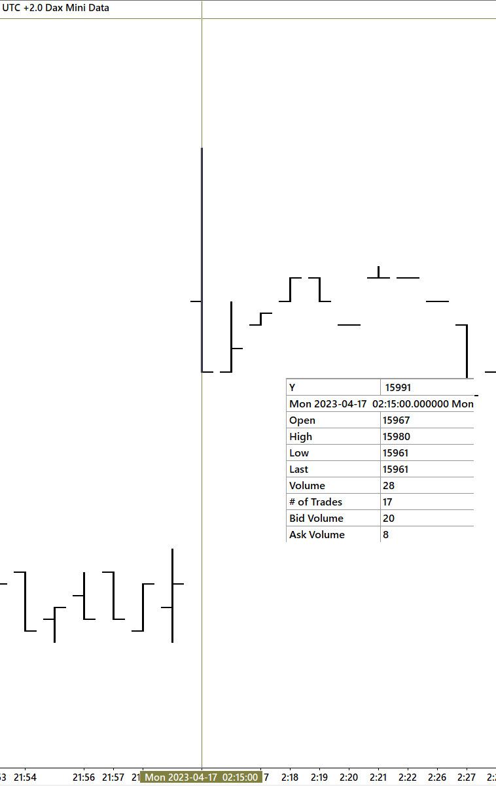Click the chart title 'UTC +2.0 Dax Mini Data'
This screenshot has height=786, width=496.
pyautogui.click(x=56, y=8)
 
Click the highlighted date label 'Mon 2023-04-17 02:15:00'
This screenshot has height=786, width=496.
pyautogui.click(x=201, y=777)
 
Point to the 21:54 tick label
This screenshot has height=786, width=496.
pyautogui.click(x=25, y=777)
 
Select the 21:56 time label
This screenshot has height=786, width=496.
pyautogui.click(x=84, y=777)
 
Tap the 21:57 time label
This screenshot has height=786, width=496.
pyautogui.click(x=113, y=777)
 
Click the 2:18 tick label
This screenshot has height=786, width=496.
pyautogui.click(x=290, y=777)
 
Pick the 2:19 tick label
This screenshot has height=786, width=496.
pyautogui.click(x=319, y=777)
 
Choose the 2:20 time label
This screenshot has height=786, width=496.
pyautogui.click(x=349, y=777)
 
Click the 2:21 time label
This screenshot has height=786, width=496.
pyautogui.click(x=378, y=777)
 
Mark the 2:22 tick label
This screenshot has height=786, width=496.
pyautogui.click(x=408, y=777)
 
